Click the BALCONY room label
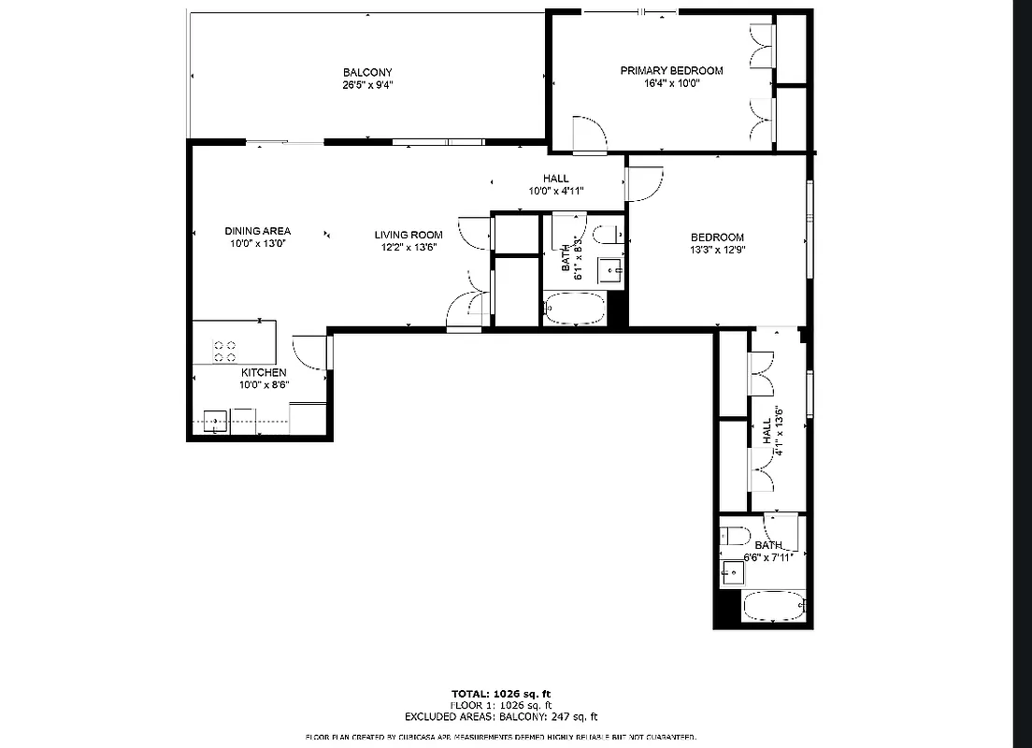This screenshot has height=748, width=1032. [366, 72]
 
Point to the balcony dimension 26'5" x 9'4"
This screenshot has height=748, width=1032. [366, 84]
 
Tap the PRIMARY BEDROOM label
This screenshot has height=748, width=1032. [671, 70]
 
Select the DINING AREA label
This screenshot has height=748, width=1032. [257, 231]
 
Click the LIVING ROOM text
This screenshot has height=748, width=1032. [408, 235]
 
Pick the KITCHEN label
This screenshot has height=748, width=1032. [263, 372]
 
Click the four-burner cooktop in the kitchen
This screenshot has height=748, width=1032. [224, 351]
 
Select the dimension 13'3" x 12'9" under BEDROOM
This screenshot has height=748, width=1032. [717, 250]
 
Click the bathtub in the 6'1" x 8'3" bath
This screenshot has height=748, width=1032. [574, 309]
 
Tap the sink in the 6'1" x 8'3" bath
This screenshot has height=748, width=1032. [612, 270]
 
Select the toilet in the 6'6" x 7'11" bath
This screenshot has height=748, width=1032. [734, 536]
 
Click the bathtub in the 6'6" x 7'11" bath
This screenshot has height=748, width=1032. [773, 607]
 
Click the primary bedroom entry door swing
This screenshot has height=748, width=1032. [589, 135]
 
